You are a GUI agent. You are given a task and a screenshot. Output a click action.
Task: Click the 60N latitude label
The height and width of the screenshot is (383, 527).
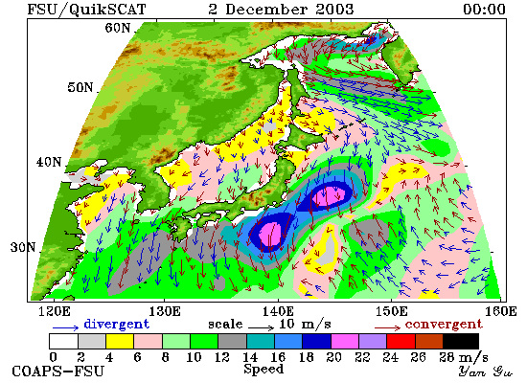(x=117, y=28)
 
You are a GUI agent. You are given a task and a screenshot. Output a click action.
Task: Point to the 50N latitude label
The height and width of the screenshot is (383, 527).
(x=80, y=87)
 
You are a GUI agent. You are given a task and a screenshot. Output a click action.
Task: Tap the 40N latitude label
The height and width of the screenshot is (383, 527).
(x=49, y=162)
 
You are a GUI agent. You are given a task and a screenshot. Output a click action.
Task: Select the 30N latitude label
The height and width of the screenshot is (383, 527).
(x=23, y=247)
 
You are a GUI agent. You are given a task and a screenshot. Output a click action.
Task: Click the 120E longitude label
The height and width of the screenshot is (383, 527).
(x=54, y=311)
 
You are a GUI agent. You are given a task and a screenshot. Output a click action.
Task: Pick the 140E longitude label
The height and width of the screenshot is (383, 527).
(x=278, y=311)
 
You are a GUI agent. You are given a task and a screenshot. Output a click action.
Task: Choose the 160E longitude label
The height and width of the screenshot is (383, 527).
(x=501, y=311)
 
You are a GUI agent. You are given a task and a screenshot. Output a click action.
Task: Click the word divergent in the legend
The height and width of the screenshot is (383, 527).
(x=116, y=325)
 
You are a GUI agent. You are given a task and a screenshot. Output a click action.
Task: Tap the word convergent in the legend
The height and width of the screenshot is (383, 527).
(x=444, y=325)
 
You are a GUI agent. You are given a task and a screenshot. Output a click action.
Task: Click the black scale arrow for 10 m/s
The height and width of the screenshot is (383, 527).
(x=262, y=327)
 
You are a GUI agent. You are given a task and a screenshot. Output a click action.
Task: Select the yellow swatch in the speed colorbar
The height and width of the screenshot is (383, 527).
(x=120, y=341)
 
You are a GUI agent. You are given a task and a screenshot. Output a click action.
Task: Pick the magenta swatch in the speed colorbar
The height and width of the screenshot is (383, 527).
(x=345, y=341)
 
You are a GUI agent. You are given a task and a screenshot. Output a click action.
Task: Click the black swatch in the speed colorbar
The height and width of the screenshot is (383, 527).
(x=461, y=341)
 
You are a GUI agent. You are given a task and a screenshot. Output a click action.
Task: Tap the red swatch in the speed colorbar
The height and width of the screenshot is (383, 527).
(x=401, y=341)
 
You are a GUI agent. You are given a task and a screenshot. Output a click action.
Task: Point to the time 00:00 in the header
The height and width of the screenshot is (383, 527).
(x=484, y=9)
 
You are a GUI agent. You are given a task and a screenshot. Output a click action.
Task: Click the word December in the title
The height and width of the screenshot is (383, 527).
(x=265, y=9)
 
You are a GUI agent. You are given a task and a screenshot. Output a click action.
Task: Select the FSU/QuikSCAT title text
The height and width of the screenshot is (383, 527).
(x=86, y=10)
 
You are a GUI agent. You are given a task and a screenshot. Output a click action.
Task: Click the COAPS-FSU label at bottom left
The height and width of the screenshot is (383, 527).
(x=57, y=372)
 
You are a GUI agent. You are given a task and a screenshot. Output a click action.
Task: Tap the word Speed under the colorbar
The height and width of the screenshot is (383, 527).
(x=263, y=369)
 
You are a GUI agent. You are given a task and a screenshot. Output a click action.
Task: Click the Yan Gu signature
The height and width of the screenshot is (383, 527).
(x=485, y=372)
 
